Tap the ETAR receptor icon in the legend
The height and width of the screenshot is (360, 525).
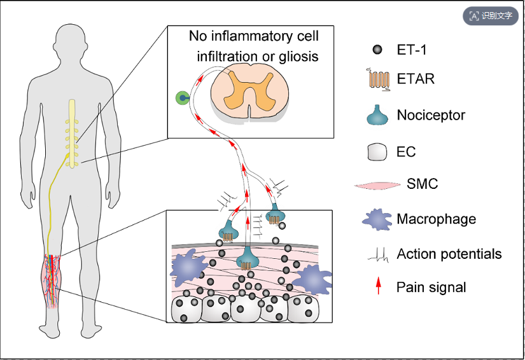(x=379, y=80)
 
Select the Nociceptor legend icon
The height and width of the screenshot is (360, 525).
(x=377, y=115)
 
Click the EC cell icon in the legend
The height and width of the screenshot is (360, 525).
(x=377, y=152)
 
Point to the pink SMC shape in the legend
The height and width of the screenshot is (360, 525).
(x=377, y=185)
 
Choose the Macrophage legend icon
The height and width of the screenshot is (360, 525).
(x=377, y=219)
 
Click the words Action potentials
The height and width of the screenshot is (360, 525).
(x=449, y=254)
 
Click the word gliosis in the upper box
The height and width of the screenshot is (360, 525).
(x=298, y=57)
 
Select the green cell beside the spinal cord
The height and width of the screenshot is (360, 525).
(x=183, y=98)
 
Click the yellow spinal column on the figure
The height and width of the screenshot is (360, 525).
(x=73, y=133)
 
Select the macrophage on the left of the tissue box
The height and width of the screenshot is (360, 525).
(x=187, y=267)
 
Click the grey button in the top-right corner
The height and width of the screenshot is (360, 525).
(x=491, y=16)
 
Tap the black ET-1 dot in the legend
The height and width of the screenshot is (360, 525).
(x=377, y=50)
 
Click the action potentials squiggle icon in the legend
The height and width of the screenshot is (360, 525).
(x=378, y=255)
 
